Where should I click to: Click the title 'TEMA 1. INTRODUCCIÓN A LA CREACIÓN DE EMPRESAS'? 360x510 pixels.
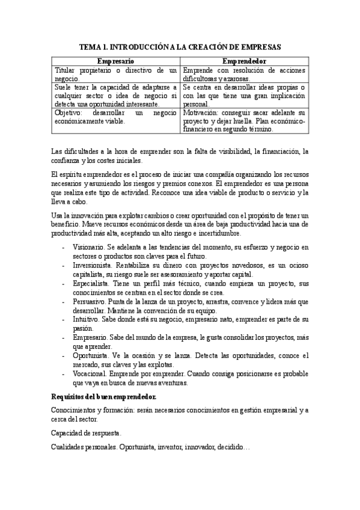pyautogui.click(x=180, y=46)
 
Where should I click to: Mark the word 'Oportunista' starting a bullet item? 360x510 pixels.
pyautogui.click(x=90, y=355)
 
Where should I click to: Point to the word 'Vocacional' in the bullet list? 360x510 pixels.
pyautogui.click(x=90, y=373)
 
